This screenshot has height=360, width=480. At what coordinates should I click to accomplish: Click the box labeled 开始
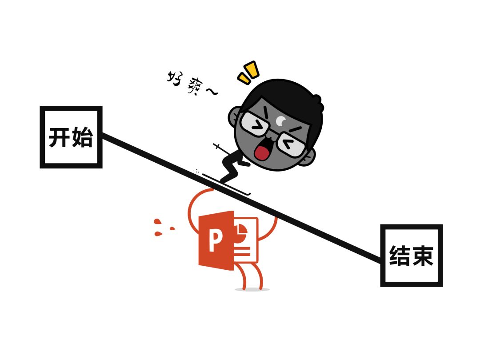(x=71, y=137)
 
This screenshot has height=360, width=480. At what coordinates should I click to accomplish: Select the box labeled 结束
(x=411, y=256)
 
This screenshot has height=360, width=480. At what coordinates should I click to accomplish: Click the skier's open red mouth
(x=262, y=152)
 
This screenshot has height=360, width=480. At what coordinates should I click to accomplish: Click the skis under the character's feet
(x=227, y=184)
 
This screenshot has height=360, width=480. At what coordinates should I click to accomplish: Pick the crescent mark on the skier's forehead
(x=282, y=120)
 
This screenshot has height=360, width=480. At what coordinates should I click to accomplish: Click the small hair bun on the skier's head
(x=317, y=102)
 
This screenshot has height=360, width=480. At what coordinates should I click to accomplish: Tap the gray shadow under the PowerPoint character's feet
(x=252, y=289)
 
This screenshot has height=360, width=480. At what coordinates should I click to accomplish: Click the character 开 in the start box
(x=60, y=137)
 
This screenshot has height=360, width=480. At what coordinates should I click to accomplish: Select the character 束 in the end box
(x=423, y=256)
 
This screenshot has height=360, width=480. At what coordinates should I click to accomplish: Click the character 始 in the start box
(x=82, y=137)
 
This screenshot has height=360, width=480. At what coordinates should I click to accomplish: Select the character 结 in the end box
(x=400, y=256)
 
